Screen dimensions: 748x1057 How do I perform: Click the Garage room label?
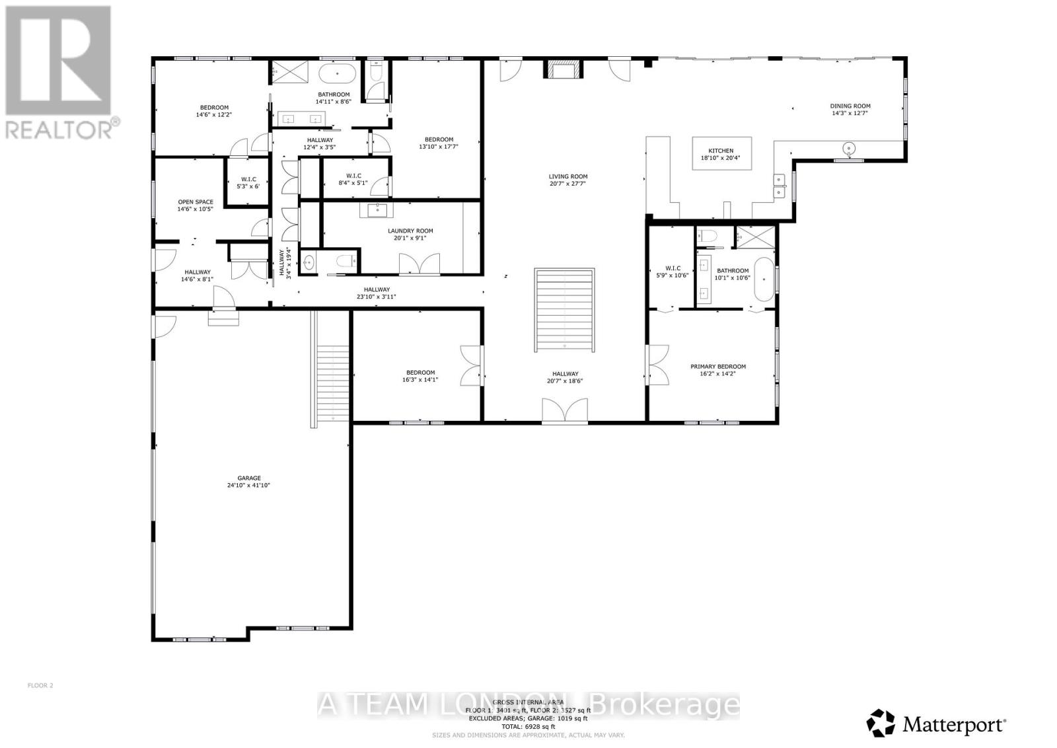[249, 478]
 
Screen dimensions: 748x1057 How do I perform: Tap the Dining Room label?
[850, 106]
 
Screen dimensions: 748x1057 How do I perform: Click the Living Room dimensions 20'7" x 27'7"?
[568, 184]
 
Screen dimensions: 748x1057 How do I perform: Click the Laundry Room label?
[410, 231]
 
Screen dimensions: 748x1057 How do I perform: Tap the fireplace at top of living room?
[564, 69]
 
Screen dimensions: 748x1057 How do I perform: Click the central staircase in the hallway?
[564, 311]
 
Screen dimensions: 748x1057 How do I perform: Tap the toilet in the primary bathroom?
[709, 235]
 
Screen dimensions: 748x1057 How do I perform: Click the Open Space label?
[196, 202]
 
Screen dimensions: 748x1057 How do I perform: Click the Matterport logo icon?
[881, 722]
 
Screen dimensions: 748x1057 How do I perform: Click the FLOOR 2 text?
[40, 685]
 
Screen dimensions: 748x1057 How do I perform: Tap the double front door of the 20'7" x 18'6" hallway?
[564, 410]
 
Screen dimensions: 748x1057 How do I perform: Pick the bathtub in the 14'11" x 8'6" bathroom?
[338, 73]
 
